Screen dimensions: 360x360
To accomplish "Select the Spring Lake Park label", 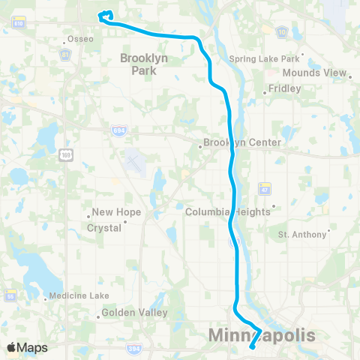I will click(x=263, y=58).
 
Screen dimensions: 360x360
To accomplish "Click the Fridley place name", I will click(x=284, y=88).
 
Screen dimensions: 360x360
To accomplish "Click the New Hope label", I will click(x=111, y=212).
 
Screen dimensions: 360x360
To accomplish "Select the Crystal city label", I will click(x=105, y=227).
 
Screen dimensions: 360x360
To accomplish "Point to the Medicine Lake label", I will click(x=79, y=295).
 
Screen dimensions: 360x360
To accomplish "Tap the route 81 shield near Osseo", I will click(x=66, y=54).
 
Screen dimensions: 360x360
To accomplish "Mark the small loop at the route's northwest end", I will click(x=106, y=13).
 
